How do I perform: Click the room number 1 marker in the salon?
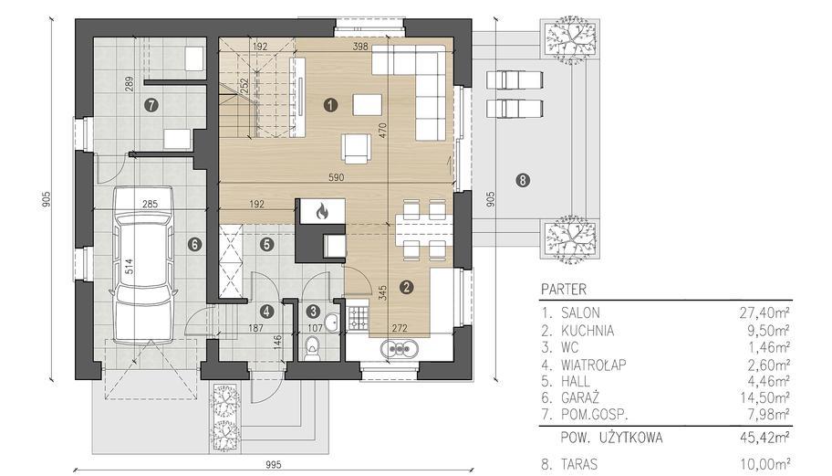(330, 105)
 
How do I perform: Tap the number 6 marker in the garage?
(194, 244)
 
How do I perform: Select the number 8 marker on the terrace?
(523, 181)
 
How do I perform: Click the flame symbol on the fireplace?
(321, 212)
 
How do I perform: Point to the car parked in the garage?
(143, 265)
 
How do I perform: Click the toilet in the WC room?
(313, 347)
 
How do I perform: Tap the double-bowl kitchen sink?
(399, 349)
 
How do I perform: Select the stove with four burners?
(359, 317)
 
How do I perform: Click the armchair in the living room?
(357, 147)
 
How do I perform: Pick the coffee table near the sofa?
(368, 105)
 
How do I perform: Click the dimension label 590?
(336, 177)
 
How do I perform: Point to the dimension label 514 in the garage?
(129, 267)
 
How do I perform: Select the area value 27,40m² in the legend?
(764, 312)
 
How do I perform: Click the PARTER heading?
(564, 290)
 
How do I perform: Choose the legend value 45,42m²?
(764, 438)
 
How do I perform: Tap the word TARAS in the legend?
(579, 464)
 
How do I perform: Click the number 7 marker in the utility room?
(151, 105)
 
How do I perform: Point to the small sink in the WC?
(333, 322)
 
